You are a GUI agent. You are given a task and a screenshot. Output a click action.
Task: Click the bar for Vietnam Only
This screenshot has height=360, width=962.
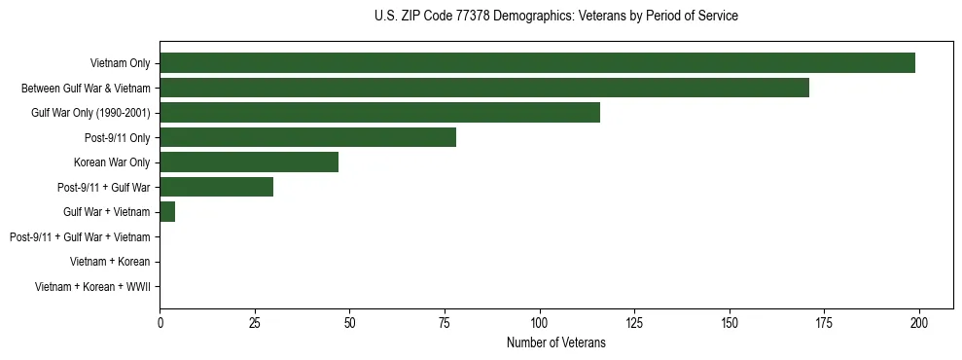(537, 63)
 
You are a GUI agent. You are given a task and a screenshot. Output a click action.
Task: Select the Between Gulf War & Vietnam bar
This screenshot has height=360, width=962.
(483, 89)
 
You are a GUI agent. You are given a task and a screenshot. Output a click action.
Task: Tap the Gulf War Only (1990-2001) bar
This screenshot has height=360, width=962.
(379, 113)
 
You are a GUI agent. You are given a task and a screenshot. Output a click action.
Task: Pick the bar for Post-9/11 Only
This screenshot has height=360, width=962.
(307, 138)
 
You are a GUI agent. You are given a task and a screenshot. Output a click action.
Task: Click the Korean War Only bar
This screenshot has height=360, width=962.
(249, 162)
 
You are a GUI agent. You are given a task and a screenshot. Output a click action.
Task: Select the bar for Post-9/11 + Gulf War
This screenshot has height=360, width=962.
(216, 187)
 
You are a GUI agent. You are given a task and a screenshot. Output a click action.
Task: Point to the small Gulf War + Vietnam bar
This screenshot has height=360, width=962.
(167, 212)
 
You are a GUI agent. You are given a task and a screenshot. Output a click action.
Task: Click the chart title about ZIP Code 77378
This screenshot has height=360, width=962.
(555, 17)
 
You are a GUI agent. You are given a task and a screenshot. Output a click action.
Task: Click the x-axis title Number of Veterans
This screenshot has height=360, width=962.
(555, 342)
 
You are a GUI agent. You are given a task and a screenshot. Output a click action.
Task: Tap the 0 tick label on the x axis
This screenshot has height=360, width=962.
(160, 322)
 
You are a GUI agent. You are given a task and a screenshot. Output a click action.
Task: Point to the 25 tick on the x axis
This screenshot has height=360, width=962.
(255, 322)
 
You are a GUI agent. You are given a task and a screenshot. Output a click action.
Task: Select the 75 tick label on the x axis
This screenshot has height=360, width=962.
(445, 322)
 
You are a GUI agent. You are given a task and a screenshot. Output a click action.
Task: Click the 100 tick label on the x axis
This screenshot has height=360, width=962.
(540, 322)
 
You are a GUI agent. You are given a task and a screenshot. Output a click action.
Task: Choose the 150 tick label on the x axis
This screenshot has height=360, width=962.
(730, 322)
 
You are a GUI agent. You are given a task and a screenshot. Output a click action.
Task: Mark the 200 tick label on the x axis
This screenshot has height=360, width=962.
(919, 322)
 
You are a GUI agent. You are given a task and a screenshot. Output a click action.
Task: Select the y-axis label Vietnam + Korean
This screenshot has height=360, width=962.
(110, 262)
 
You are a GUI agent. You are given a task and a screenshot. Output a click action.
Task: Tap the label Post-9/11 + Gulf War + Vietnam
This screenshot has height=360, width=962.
(80, 237)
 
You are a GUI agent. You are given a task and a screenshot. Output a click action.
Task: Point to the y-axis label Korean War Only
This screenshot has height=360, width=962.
(112, 162)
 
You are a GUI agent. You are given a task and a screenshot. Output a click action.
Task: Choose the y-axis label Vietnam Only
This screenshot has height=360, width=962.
(120, 63)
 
